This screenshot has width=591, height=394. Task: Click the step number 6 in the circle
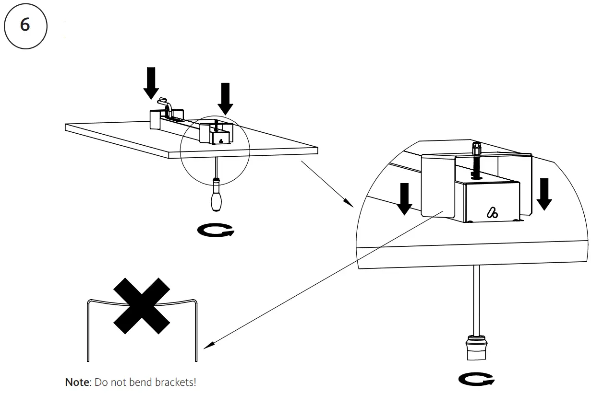point(25,24)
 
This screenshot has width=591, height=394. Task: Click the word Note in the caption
point(77,382)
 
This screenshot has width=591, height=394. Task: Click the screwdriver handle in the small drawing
point(217,199)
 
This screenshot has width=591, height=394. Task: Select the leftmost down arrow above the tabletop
point(151,82)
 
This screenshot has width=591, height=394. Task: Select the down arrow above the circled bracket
point(225,98)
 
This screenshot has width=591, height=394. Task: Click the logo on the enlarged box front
point(492,212)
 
